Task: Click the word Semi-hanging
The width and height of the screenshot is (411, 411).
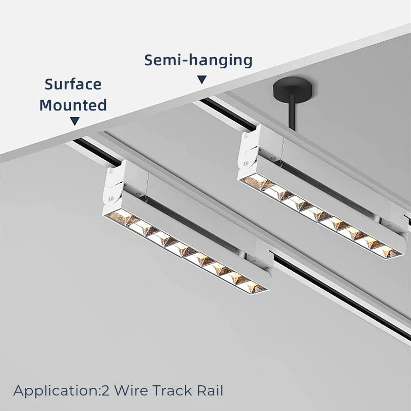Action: click(x=198, y=60)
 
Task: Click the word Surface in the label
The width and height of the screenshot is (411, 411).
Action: click(x=73, y=84)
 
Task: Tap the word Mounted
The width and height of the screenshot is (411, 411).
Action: click(x=73, y=105)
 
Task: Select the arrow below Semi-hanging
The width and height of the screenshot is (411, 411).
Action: click(x=202, y=80)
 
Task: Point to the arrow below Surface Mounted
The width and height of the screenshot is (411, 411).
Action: click(x=75, y=121)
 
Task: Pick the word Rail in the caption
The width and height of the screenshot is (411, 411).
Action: click(x=211, y=390)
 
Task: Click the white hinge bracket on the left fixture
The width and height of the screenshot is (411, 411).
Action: click(x=116, y=184)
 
